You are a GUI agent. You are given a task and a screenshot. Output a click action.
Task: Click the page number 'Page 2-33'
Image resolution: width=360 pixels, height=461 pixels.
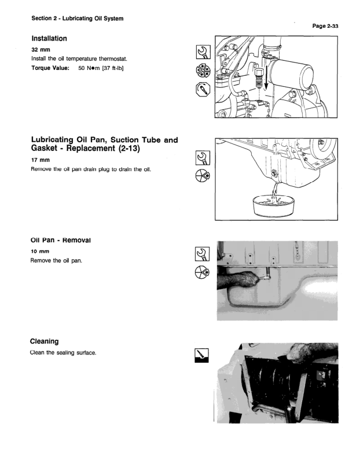(325, 26)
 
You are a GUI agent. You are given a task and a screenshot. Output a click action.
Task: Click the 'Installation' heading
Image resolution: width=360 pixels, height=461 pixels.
(49, 39)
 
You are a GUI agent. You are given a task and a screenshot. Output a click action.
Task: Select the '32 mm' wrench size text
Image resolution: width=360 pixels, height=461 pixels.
(41, 50)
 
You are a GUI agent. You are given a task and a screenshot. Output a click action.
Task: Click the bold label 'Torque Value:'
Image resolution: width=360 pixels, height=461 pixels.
(50, 68)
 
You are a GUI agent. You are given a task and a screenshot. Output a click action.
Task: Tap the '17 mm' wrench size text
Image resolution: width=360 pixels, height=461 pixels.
(41, 160)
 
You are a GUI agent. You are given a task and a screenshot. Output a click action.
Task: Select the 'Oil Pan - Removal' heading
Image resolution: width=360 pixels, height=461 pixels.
(61, 240)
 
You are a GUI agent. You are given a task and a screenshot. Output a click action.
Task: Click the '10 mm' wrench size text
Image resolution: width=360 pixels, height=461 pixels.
(40, 252)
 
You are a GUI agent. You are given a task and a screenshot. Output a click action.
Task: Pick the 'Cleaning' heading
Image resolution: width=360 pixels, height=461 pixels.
(45, 341)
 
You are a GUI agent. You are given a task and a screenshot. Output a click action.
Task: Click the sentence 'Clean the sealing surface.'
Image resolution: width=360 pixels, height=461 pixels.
(63, 352)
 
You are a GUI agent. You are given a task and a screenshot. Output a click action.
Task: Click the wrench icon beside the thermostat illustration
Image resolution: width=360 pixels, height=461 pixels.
(203, 52)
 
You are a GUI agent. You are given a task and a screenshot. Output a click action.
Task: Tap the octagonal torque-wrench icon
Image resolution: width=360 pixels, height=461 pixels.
(203, 89)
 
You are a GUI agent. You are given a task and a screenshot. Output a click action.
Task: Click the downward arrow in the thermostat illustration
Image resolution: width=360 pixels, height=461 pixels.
(266, 76)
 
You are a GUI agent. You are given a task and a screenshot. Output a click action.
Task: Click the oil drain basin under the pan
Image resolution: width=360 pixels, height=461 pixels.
(274, 206)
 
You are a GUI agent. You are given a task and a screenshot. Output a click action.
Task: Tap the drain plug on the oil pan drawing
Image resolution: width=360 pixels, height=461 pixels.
(275, 174)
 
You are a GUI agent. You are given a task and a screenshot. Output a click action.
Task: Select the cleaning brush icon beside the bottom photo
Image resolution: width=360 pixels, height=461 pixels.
(202, 356)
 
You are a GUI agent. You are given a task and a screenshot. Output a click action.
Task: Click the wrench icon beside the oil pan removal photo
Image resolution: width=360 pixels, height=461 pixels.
(203, 254)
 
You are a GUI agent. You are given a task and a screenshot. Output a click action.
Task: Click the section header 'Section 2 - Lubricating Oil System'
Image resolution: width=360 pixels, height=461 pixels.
(78, 19)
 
